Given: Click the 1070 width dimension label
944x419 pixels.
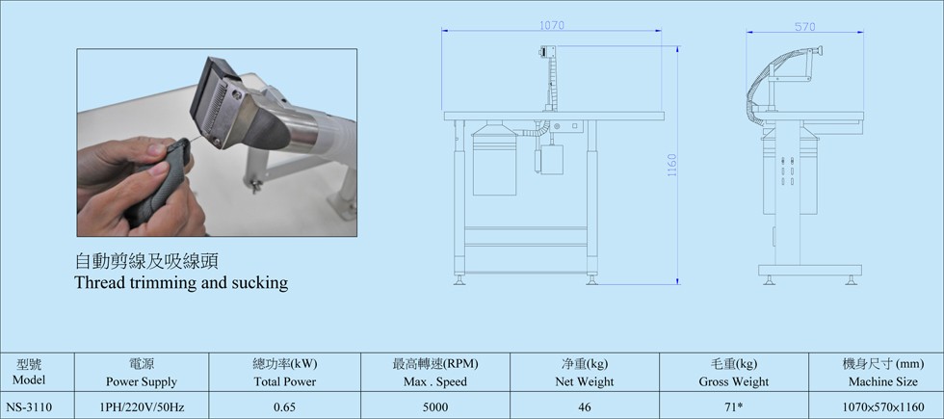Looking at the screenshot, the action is coord(551,25).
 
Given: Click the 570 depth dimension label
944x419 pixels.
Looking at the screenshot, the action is coord(804,27).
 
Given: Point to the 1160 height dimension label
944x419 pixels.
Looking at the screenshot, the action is coord(672,165).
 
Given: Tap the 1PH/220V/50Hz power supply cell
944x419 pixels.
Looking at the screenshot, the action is coord(142,406).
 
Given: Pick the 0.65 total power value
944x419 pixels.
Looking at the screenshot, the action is coord(285,406).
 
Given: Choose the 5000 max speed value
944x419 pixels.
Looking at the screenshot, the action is coord(435,406).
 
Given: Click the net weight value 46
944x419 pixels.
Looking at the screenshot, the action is coord(584,406).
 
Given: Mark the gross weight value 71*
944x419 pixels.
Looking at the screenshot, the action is coord(733,406).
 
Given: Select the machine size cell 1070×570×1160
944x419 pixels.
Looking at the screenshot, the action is coord(883,406).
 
